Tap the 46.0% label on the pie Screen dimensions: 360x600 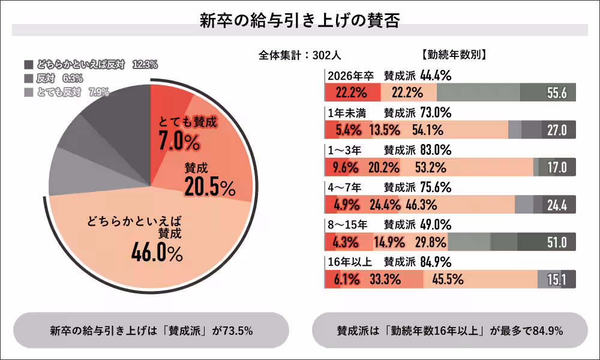(157, 253)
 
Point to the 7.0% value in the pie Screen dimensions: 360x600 (179, 142)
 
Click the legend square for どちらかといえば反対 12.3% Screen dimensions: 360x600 (29, 64)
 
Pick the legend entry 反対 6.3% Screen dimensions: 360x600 (60, 78)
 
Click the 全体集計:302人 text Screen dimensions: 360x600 (299, 55)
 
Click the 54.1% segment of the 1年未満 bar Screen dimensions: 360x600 (427, 130)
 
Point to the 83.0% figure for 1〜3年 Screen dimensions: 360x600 (436, 150)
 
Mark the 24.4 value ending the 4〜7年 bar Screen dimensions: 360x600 (557, 205)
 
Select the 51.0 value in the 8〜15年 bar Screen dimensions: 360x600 (557, 242)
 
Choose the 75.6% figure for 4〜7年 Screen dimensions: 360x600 (436, 187)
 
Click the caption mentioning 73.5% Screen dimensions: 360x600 (151, 331)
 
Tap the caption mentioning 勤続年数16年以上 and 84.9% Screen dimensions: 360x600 (449, 331)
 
